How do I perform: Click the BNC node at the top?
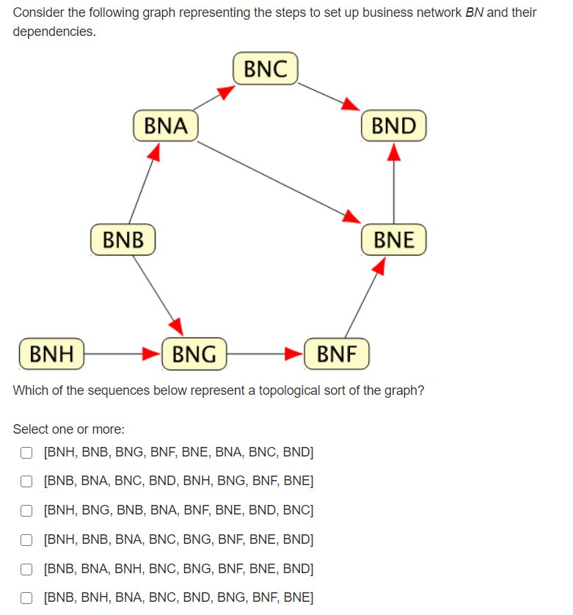coord(265,69)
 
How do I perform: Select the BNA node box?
coord(166,125)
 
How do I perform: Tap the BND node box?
coord(394,125)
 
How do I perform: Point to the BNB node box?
coord(123,240)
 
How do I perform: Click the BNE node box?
coord(394,240)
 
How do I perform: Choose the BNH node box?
coord(51,354)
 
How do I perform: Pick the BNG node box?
coord(194,354)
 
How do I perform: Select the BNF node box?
coord(337,354)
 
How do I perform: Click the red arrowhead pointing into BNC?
coord(225,92)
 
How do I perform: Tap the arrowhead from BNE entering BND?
coord(394,151)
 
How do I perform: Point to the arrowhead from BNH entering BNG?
coord(150,354)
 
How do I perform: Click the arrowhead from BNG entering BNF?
coord(293,354)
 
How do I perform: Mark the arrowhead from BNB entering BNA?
coord(153,151)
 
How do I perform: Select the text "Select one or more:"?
coord(69,429)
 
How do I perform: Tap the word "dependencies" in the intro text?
coord(53,32)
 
